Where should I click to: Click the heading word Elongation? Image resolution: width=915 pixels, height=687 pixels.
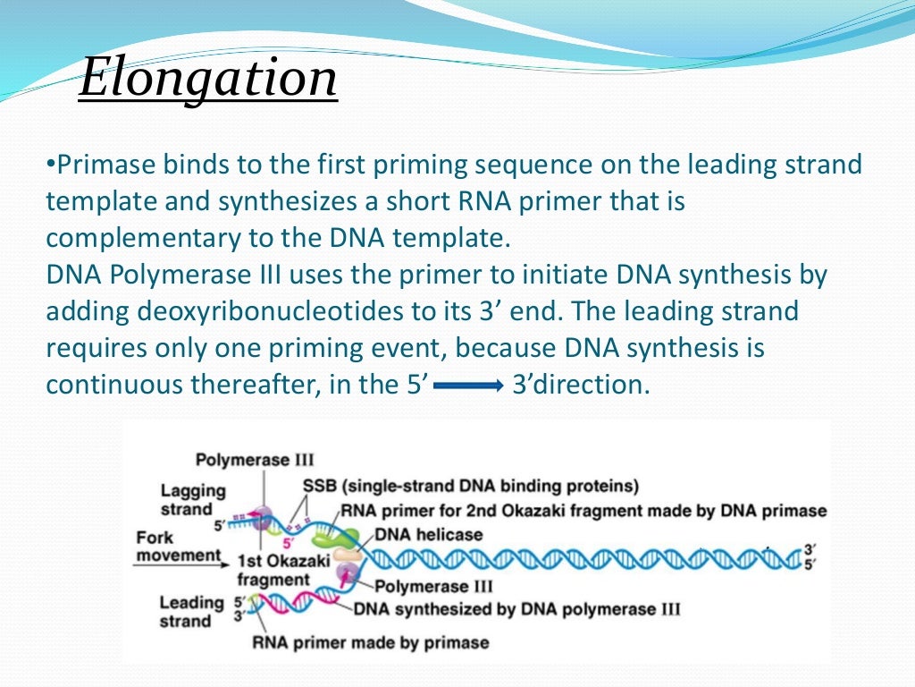coord(208,79)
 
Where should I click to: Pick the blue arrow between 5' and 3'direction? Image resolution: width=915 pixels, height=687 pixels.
coord(468,386)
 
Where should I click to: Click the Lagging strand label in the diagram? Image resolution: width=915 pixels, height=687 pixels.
coord(193,499)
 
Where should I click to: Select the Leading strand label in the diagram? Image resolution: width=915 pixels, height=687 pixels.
coord(191,611)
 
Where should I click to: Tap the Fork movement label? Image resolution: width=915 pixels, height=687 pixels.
coord(177,547)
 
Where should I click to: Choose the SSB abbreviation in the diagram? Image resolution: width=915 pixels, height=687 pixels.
coord(319,486)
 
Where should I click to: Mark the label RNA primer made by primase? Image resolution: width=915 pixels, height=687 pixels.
coord(371,641)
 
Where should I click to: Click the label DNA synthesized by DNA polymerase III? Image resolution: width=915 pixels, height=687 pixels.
coord(516,609)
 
